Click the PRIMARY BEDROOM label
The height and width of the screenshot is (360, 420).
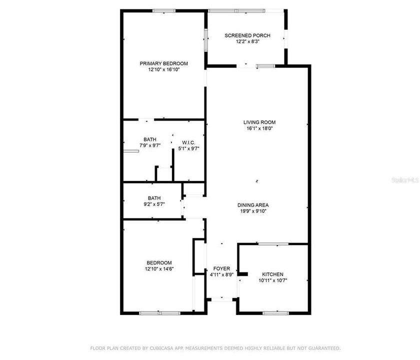pyautogui.click(x=163, y=63)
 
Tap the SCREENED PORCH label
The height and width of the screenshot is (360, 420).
pyautogui.click(x=247, y=35)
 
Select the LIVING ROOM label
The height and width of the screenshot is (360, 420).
pyautogui.click(x=259, y=122)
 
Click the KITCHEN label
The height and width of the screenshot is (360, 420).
pyautogui.click(x=273, y=274)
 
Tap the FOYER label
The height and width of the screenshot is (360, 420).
pyautogui.click(x=221, y=268)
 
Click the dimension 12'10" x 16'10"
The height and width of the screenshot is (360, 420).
pyautogui.click(x=163, y=70)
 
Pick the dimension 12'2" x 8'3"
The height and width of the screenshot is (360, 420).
pyautogui.click(x=247, y=42)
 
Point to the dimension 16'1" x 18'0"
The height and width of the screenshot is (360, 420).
pyautogui.click(x=259, y=128)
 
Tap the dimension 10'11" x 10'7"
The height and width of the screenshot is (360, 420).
pyautogui.click(x=273, y=280)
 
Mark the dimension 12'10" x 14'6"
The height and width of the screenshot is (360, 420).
pyautogui.click(x=159, y=269)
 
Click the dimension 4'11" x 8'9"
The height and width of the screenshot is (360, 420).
pyautogui.click(x=221, y=274)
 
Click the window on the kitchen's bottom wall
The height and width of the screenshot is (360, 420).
pyautogui.click(x=276, y=313)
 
